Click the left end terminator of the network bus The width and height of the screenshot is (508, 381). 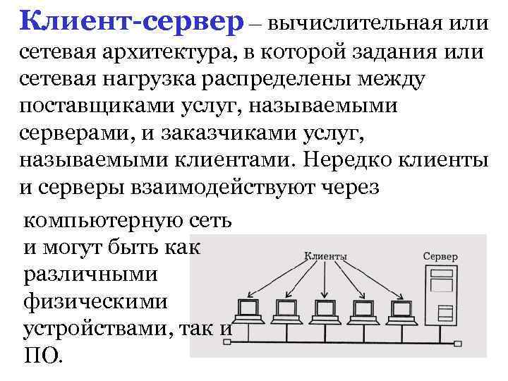(228, 344)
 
